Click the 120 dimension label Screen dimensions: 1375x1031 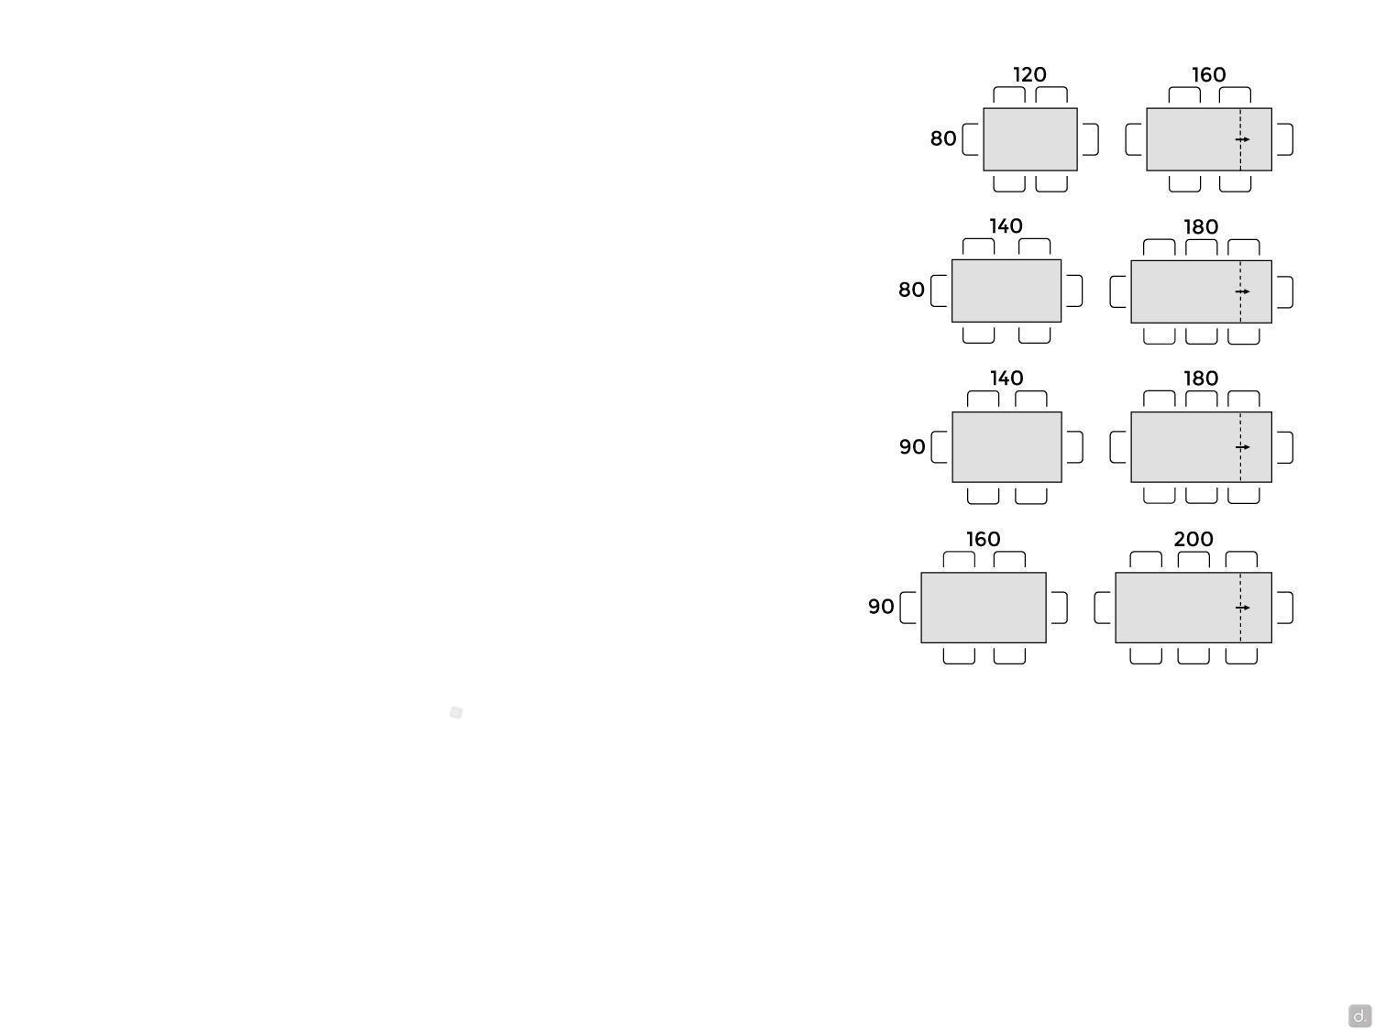click(x=1029, y=74)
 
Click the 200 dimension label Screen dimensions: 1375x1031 click(x=1193, y=538)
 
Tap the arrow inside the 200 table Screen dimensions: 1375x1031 click(x=1242, y=608)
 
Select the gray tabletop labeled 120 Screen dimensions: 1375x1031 click(x=1029, y=139)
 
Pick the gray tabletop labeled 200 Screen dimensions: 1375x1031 click(x=1193, y=608)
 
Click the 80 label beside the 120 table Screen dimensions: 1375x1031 click(x=942, y=138)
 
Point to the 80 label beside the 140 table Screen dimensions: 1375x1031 click(x=911, y=290)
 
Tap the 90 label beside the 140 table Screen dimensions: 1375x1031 click(x=912, y=446)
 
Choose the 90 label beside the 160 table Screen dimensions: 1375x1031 click(x=881, y=606)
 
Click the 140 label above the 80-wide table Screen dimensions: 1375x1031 click(x=1006, y=226)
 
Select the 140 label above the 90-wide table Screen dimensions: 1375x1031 click(x=1006, y=378)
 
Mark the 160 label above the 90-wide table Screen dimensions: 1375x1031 click(x=983, y=539)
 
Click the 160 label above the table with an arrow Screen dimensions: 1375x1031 click(x=1208, y=75)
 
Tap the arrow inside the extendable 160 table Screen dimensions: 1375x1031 click(x=1242, y=139)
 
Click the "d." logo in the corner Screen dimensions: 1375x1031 click(x=1359, y=1015)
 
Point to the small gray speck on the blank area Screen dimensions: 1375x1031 click(x=456, y=712)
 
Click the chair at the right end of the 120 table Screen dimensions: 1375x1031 click(x=1091, y=139)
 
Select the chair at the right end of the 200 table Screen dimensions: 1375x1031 click(x=1285, y=608)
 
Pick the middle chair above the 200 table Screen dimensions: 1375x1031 click(x=1193, y=559)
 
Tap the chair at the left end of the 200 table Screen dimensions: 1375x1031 click(x=1102, y=608)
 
